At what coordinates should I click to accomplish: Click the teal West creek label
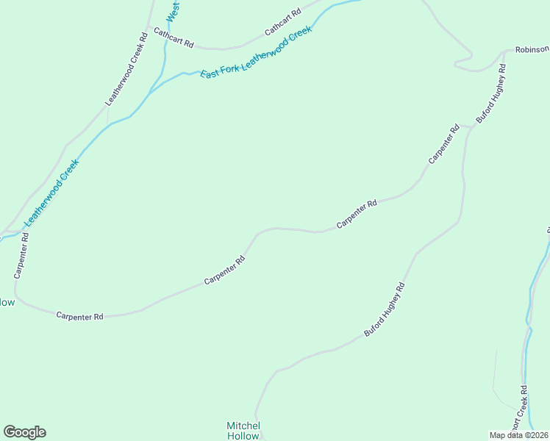tap(173, 11)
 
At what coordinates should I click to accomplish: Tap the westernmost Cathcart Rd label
tap(174, 39)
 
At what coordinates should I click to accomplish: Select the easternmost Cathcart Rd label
tap(283, 23)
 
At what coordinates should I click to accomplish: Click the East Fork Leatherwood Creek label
tap(257, 51)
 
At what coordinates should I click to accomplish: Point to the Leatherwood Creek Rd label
tap(127, 68)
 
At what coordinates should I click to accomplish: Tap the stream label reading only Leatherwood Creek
tap(51, 193)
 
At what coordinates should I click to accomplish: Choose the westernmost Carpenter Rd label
tap(21, 256)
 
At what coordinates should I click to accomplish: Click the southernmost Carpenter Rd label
tap(80, 315)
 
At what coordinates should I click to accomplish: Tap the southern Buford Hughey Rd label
tap(385, 309)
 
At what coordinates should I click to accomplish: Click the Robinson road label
tap(532, 50)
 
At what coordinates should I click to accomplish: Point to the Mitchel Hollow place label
tap(243, 431)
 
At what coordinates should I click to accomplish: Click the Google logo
tap(24, 432)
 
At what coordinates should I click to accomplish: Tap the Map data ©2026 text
tap(519, 434)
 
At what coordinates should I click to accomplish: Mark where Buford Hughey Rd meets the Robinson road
tap(505, 53)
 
